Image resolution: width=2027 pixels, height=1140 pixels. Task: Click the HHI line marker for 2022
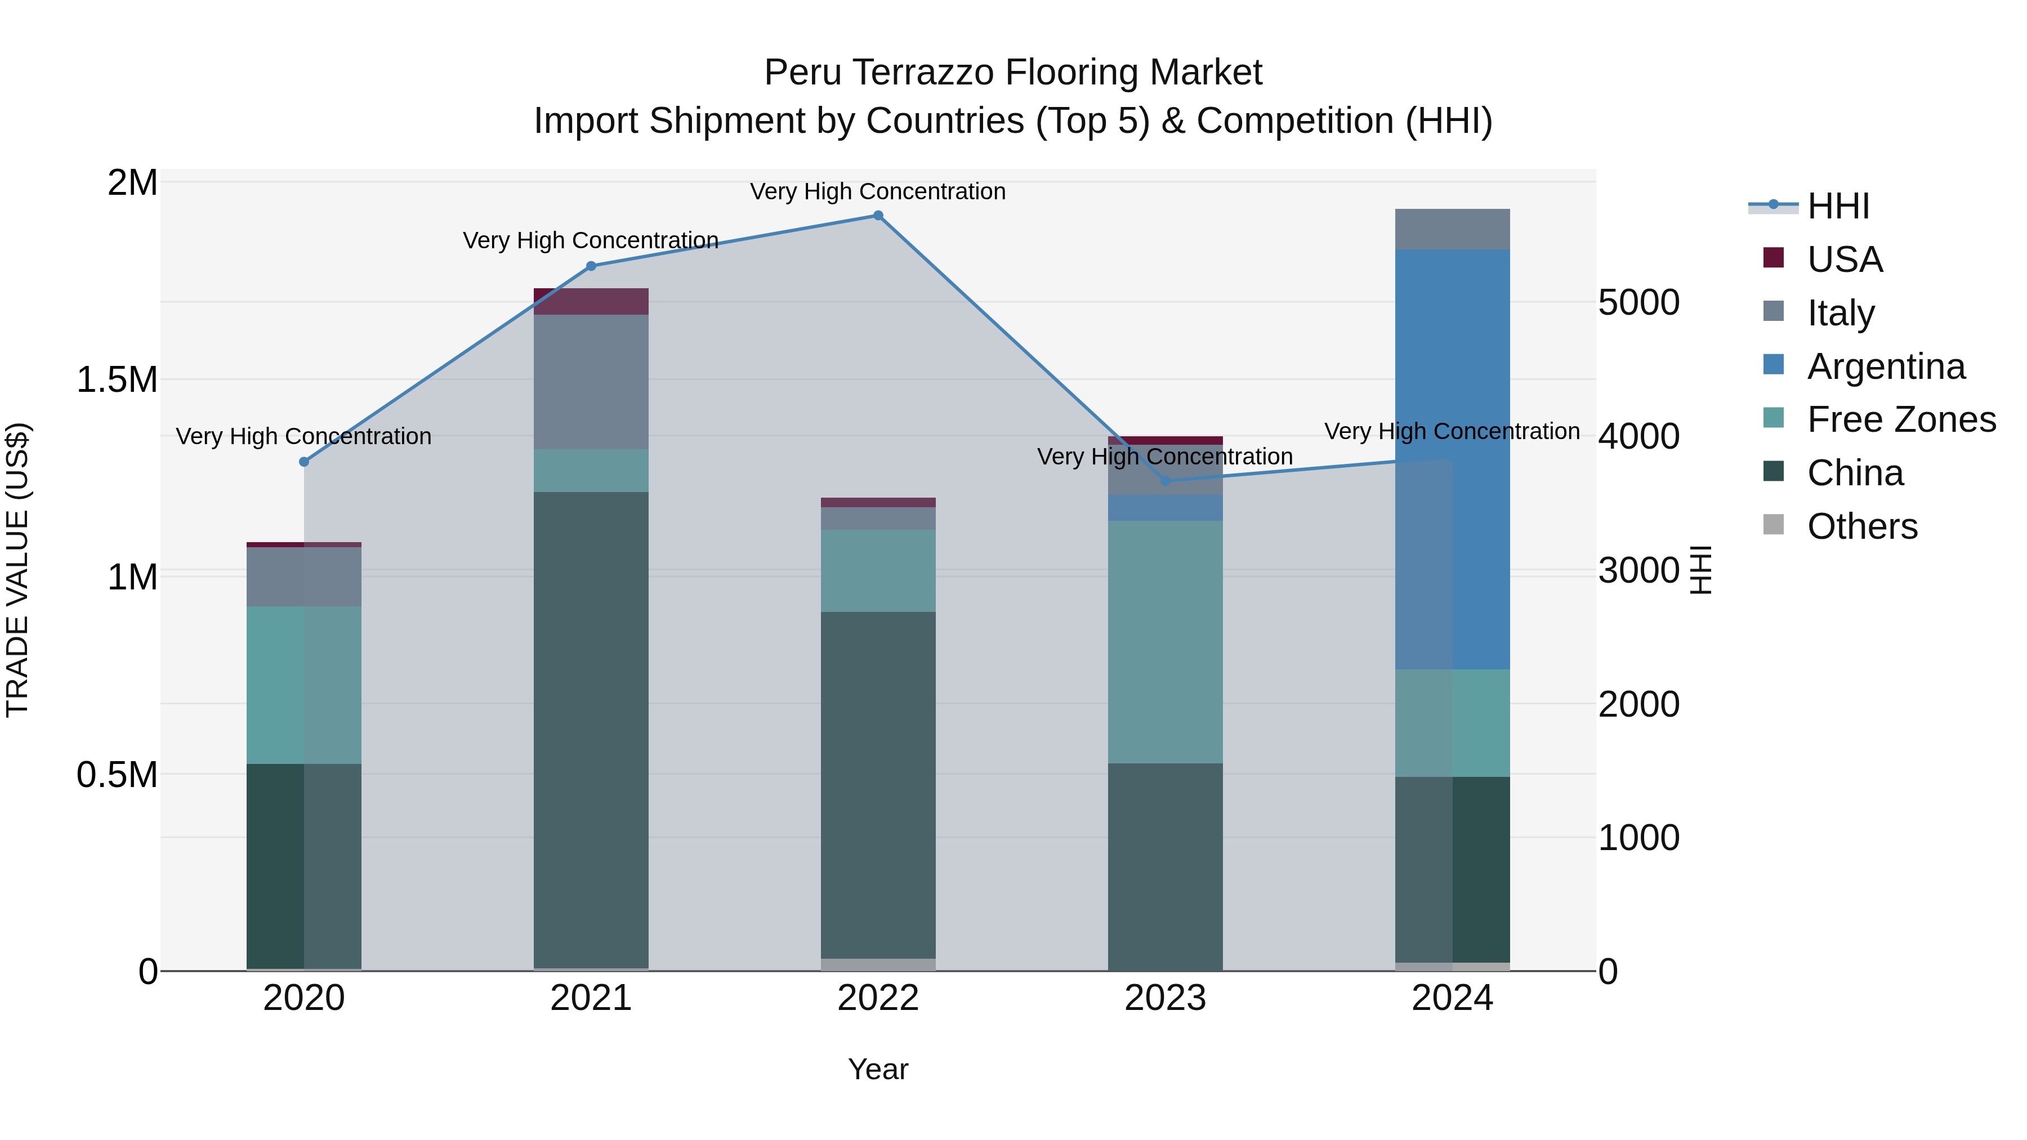[x=878, y=216]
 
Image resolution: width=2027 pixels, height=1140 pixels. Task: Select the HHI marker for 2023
[x=1166, y=481]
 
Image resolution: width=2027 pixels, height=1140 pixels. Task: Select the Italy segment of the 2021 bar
[x=591, y=382]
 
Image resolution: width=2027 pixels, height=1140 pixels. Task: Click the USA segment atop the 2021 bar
[x=591, y=301]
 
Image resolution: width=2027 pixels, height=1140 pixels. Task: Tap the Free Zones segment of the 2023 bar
[x=1166, y=641]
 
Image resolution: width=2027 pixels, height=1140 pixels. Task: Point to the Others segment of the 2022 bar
[x=878, y=964]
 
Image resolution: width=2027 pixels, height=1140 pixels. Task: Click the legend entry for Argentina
[x=1885, y=366]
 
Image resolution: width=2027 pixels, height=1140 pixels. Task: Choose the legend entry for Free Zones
[x=1901, y=419]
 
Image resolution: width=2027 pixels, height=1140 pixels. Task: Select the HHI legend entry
[x=1838, y=206]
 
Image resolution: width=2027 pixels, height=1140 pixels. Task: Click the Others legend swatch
[x=1774, y=525]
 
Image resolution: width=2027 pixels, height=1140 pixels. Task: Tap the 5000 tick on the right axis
[x=1639, y=303]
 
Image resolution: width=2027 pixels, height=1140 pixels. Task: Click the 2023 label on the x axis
[x=1166, y=998]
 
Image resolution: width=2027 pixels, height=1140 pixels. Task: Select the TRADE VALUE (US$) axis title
[x=17, y=570]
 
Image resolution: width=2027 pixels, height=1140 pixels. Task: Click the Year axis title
[x=878, y=1069]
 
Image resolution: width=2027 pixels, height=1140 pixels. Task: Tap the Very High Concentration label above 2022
[x=878, y=191]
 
